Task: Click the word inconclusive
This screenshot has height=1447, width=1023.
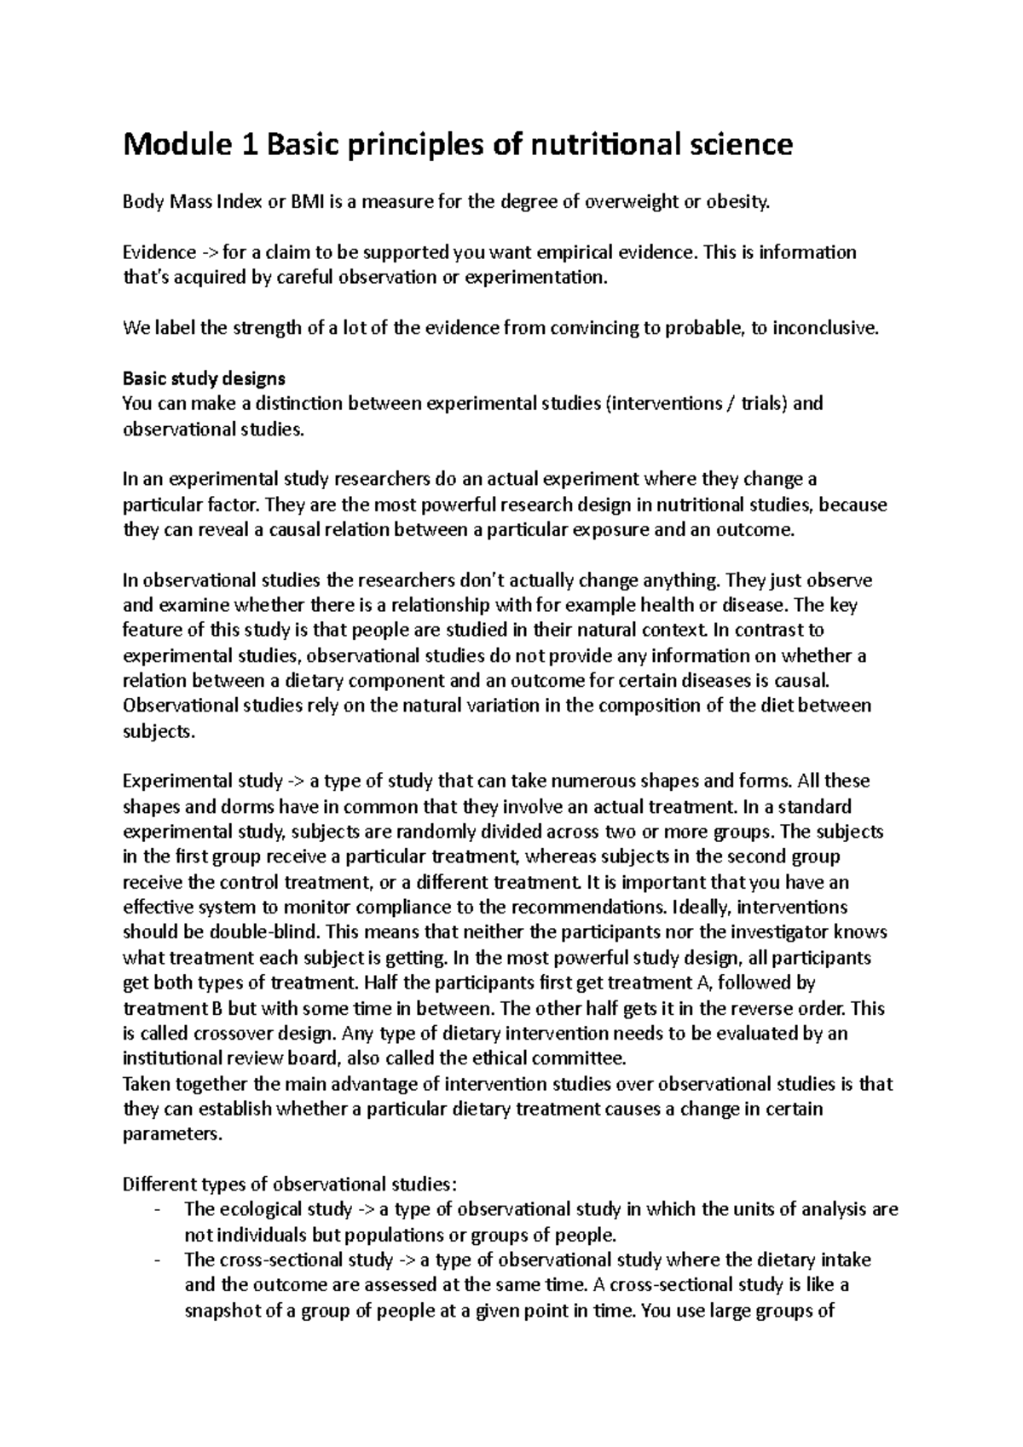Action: (824, 328)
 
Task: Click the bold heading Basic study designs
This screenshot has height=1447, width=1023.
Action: (204, 378)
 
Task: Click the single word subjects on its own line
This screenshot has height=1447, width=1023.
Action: (159, 731)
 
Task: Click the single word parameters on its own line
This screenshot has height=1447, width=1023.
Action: (171, 1135)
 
